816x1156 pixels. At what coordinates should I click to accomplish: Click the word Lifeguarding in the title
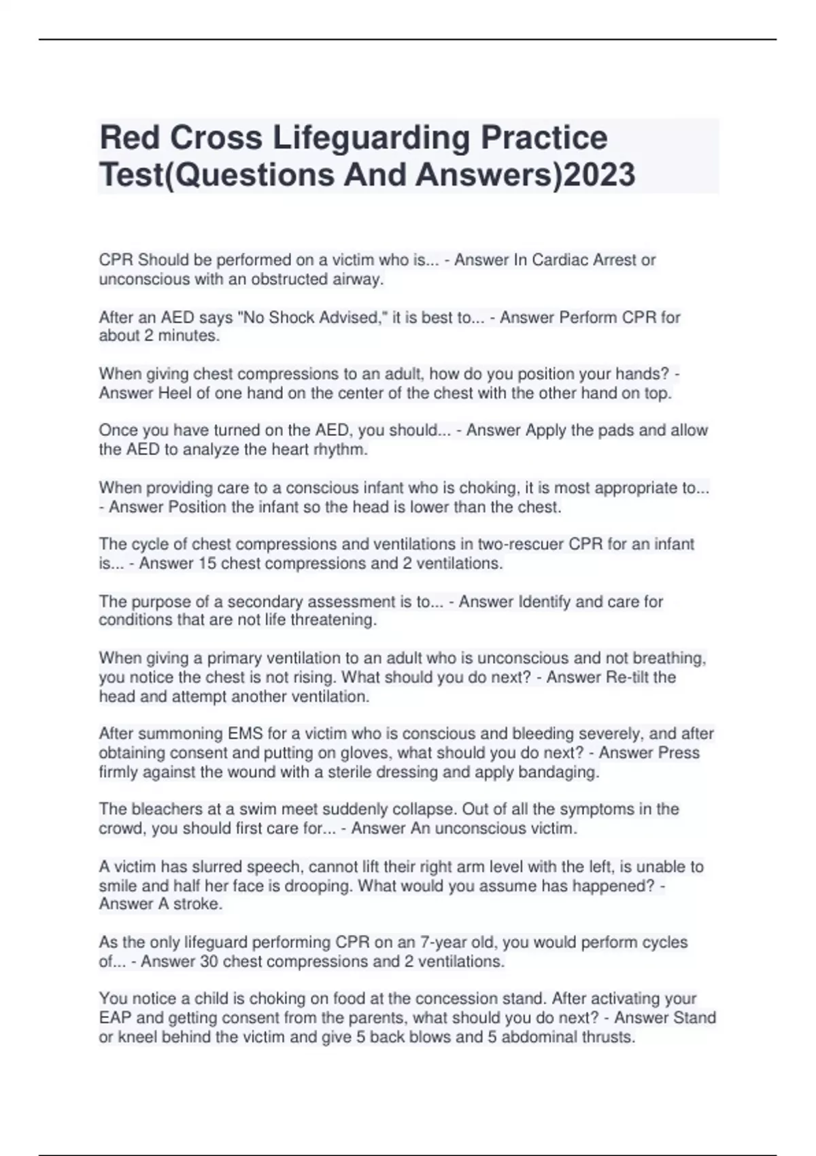click(371, 138)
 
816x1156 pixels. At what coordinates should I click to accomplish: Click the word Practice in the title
click(544, 138)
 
